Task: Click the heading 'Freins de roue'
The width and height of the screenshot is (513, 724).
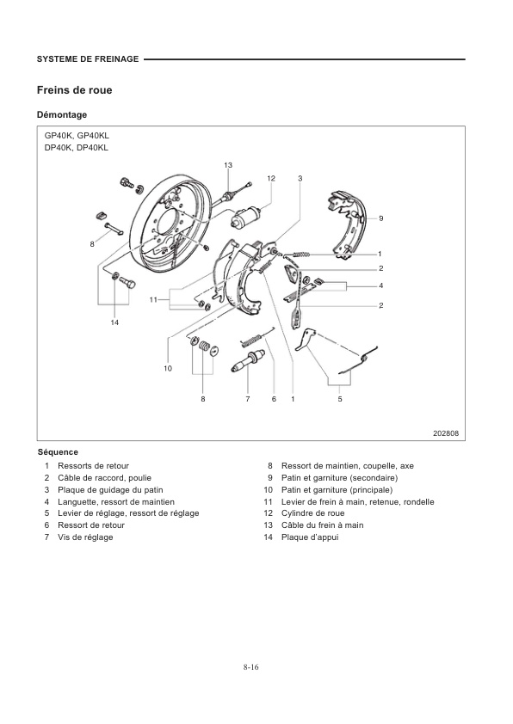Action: [74, 90]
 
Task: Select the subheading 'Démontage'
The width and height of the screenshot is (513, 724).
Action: [62, 114]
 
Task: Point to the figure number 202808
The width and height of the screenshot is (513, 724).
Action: [445, 433]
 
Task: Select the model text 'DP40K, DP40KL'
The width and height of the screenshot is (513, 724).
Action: [77, 147]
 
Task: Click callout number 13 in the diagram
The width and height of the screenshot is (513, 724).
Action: [228, 164]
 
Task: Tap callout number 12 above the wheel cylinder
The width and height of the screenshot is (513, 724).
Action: [270, 178]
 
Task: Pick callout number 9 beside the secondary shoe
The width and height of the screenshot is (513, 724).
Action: [380, 218]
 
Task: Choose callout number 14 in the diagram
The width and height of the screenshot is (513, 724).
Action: [114, 322]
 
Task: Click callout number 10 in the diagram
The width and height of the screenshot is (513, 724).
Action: [168, 368]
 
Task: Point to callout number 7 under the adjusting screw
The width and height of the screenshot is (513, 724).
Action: [247, 398]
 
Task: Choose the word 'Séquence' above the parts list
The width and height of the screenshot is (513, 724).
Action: [58, 452]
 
